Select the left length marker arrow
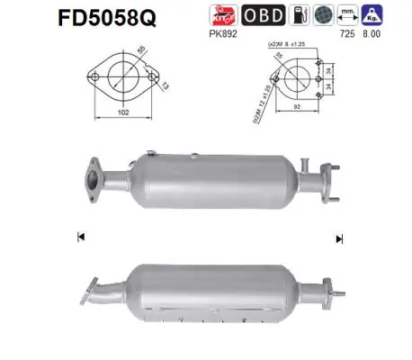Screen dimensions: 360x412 point(81,237)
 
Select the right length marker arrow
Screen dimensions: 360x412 point(339,238)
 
